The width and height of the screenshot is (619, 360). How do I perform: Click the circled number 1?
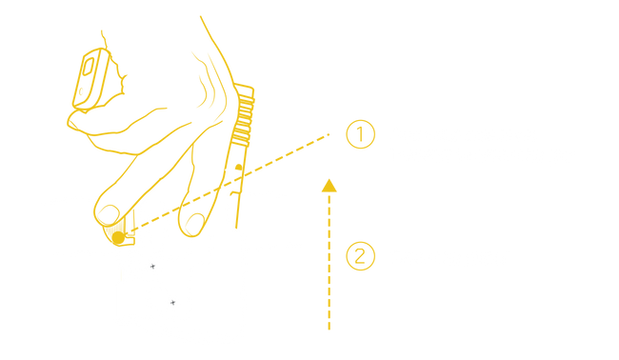coord(360,134)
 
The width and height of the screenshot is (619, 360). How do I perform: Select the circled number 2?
coord(360,256)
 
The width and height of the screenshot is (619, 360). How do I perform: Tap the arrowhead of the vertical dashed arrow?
coord(329,186)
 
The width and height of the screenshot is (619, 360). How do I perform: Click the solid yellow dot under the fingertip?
coord(118,238)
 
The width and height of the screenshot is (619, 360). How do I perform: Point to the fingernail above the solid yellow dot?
coord(109,214)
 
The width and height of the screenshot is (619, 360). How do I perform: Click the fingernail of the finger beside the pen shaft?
coord(194,224)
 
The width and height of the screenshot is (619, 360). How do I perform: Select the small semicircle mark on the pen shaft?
coord(238,167)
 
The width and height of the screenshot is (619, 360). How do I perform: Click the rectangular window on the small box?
coord(88,67)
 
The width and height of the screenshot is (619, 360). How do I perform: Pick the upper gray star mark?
coord(152,267)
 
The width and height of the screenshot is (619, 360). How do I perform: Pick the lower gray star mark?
coord(172,303)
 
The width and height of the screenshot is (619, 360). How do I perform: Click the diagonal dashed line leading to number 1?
coord(229,183)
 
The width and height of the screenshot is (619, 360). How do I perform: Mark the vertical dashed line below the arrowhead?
coord(329,261)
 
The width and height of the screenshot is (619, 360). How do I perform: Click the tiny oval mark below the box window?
coord(81,92)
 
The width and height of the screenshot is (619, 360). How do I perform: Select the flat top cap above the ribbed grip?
coord(244,88)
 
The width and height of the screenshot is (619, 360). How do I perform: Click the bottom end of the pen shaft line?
coord(236,228)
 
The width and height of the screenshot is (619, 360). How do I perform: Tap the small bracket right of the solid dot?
coord(130,241)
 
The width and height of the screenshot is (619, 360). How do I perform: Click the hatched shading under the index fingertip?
coord(118,229)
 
